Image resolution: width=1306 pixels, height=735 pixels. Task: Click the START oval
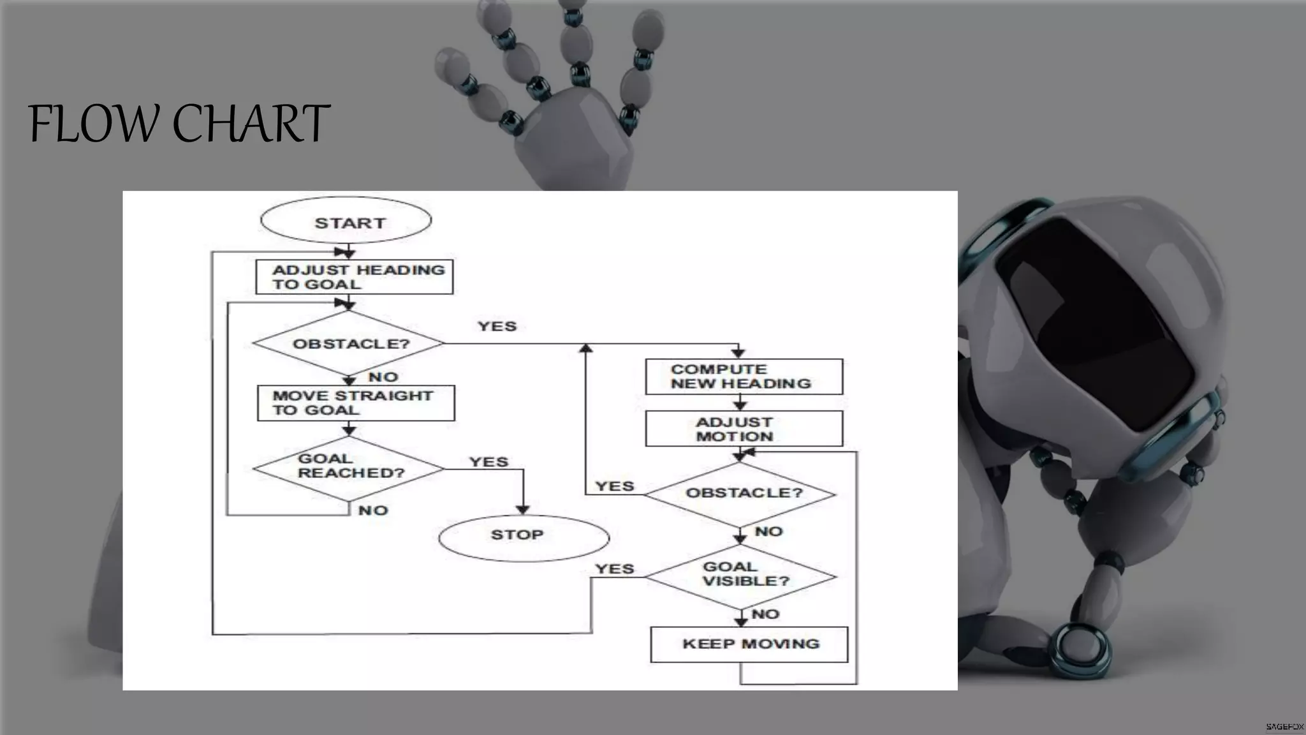pyautogui.click(x=346, y=221)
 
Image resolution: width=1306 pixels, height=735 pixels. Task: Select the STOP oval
pyautogui.click(x=524, y=537)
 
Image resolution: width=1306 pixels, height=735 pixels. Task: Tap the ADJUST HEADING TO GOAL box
pyautogui.click(x=355, y=277)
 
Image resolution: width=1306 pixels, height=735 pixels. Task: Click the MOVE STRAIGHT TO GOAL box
pyautogui.click(x=356, y=403)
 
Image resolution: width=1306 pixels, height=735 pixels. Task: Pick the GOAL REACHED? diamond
pyautogui.click(x=349, y=468)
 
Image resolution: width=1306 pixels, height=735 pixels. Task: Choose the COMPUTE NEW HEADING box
pyautogui.click(x=744, y=376)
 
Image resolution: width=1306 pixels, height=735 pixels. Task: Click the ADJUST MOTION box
pyautogui.click(x=744, y=429)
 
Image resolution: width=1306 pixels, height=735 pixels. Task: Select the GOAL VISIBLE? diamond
pyautogui.click(x=740, y=575)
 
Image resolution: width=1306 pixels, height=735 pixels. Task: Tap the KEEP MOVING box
pyautogui.click(x=749, y=644)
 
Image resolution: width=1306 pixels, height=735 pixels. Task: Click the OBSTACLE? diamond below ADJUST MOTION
pyautogui.click(x=740, y=494)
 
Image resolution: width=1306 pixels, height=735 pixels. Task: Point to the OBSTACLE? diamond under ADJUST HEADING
pyautogui.click(x=349, y=343)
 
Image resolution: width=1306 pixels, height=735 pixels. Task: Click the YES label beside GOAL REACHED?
pyautogui.click(x=488, y=462)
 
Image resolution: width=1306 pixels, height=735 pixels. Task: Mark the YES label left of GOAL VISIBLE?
pyautogui.click(x=614, y=568)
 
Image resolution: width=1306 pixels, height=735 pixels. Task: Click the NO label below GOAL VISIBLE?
pyautogui.click(x=765, y=614)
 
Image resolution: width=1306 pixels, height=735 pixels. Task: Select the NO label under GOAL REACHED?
pyautogui.click(x=373, y=510)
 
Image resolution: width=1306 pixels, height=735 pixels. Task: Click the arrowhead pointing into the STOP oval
pyautogui.click(x=523, y=510)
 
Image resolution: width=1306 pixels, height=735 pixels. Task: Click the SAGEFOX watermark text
pyautogui.click(x=1284, y=727)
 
